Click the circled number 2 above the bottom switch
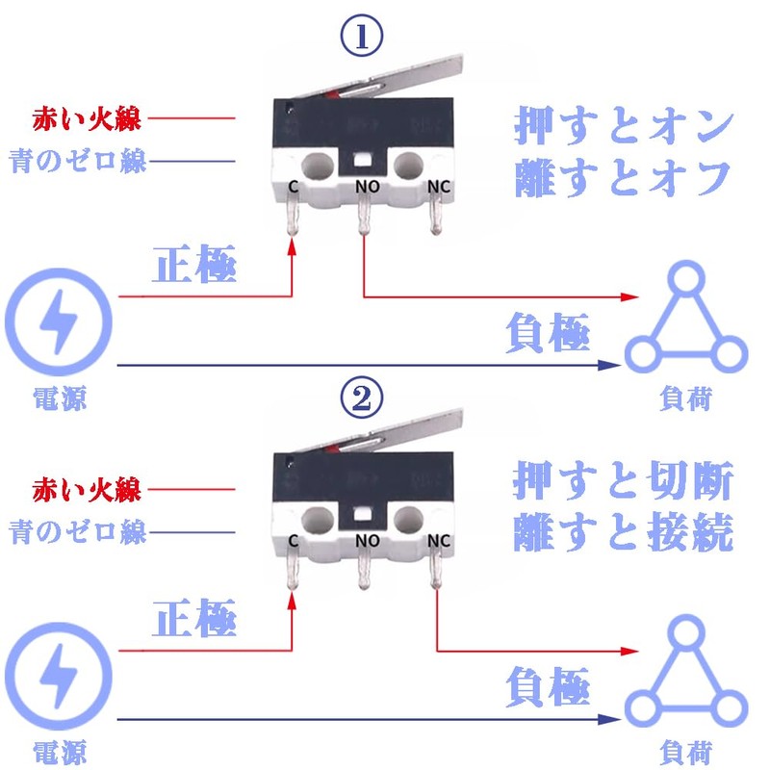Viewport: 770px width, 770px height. click(x=364, y=397)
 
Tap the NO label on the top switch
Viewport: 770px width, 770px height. click(x=367, y=184)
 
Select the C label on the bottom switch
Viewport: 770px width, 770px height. click(x=293, y=541)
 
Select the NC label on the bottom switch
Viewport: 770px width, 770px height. click(x=439, y=541)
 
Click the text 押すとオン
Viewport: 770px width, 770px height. click(x=624, y=125)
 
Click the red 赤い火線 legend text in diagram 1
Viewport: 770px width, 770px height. click(x=87, y=120)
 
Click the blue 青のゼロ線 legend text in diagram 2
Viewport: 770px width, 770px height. click(x=78, y=531)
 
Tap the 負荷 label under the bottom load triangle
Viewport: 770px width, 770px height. click(x=686, y=751)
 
